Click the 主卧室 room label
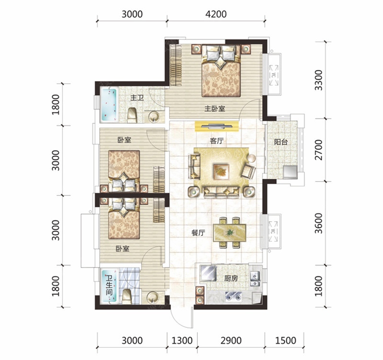pos(214,109)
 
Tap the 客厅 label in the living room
pos(217,141)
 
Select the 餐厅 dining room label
pos(198,233)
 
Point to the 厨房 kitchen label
pos(231,279)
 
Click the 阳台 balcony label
pos(281,142)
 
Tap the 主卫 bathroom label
pos(137,98)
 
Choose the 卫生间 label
pos(109,285)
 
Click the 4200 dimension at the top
pos(216,14)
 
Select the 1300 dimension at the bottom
pos(182,340)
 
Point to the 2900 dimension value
pos(231,340)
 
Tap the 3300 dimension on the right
pos(318,80)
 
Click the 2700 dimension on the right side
pos(318,150)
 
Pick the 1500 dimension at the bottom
pos(286,340)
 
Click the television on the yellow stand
pos(217,126)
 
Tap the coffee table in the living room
pos(221,172)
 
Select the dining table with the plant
pos(230,232)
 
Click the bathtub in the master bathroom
pos(109,105)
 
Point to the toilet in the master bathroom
pos(133,115)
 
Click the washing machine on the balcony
pos(290,172)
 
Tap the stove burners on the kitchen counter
pos(234,297)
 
